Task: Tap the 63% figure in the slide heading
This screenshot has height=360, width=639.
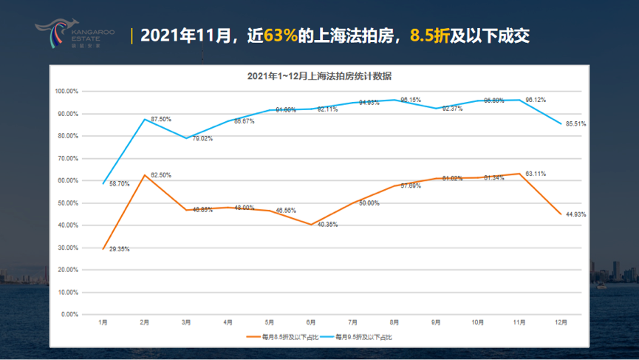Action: [x=281, y=35]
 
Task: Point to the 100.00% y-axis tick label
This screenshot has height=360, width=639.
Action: [x=66, y=92]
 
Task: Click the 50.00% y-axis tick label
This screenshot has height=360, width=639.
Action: [x=66, y=203]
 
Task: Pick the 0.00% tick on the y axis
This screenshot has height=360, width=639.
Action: [x=69, y=315]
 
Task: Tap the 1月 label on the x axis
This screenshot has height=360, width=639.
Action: [x=103, y=322]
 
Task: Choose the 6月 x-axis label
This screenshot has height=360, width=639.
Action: [x=311, y=322]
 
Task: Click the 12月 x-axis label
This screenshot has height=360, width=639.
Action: [x=562, y=322]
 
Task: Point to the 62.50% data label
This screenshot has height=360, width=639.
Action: [x=160, y=175]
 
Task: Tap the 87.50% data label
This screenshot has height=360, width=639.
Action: [x=160, y=119]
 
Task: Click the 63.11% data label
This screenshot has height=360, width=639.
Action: [x=536, y=174]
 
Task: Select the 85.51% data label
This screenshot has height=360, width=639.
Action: [x=575, y=124]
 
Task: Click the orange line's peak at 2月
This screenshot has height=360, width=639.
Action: [x=145, y=175]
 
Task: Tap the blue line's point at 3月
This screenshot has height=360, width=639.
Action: [x=186, y=138]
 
